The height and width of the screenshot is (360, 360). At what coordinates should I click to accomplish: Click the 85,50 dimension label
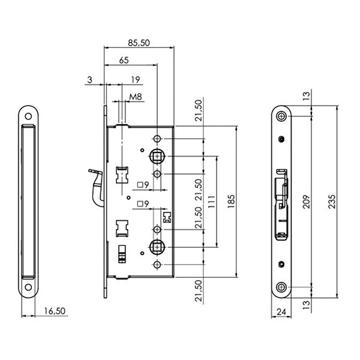(x=139, y=43)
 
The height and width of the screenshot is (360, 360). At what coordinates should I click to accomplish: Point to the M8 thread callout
(x=135, y=96)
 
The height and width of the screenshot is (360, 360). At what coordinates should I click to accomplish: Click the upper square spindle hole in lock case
(x=157, y=157)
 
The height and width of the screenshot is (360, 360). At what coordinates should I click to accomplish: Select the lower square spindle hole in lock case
(x=157, y=246)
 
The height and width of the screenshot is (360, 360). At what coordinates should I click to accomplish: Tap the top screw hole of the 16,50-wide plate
(x=28, y=116)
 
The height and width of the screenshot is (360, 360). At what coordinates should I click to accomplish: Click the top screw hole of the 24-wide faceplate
(x=281, y=116)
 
